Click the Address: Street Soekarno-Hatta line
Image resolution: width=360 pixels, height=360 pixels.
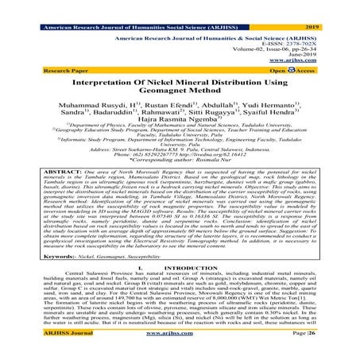click(x=179, y=169)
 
